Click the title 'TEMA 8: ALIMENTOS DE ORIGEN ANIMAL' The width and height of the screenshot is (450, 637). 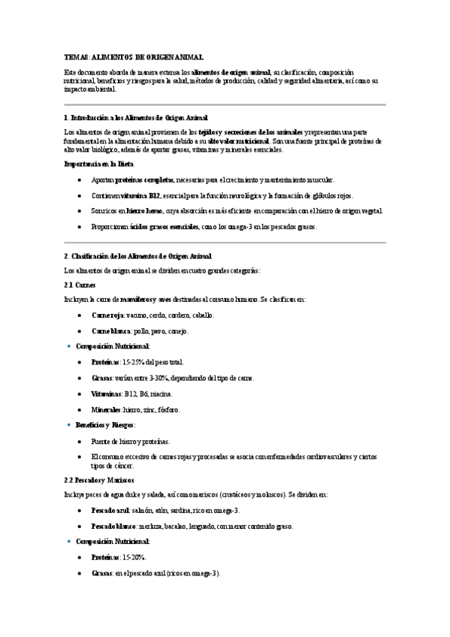(134, 57)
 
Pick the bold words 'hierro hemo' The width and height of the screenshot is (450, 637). (146, 211)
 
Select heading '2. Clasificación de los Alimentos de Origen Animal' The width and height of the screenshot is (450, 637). (139, 256)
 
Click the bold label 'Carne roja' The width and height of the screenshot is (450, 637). (108, 315)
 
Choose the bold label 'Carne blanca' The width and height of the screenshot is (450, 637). (111, 331)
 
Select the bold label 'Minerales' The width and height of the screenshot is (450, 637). (106, 410)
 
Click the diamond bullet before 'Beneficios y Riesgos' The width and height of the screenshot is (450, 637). (68, 425)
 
